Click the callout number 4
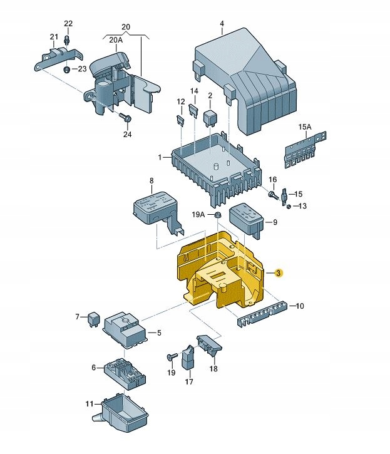[222, 26]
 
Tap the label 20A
[116, 39]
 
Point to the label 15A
[304, 127]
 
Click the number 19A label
[198, 215]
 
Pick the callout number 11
[89, 404]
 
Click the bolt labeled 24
[123, 118]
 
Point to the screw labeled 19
[170, 356]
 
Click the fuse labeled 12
[180, 119]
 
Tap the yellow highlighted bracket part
[222, 269]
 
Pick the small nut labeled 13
[289, 207]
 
